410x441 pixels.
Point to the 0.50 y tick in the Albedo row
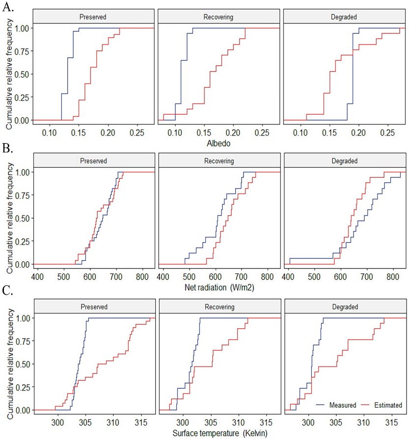click(21, 74)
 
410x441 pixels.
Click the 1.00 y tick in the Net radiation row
click(21, 172)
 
